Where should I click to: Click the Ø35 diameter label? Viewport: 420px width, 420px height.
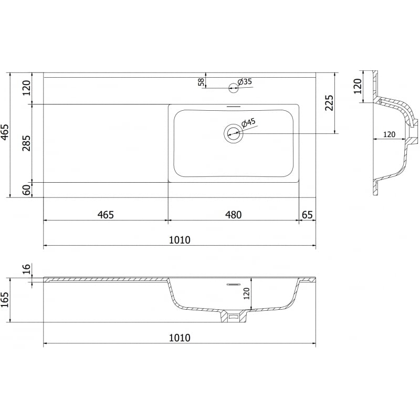245,81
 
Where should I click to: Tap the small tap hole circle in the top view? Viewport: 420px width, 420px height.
233,88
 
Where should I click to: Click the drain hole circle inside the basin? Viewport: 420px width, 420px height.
233,133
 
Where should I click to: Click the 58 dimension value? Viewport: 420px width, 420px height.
201,81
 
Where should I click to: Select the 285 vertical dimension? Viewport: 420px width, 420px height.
26,143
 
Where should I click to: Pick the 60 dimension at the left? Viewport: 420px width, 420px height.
26,190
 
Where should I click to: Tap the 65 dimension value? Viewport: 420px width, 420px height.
308,214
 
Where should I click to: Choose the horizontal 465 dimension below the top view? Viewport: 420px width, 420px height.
105,214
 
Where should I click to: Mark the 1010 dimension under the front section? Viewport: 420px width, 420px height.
179,338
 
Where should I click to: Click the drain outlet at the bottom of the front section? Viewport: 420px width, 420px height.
233,317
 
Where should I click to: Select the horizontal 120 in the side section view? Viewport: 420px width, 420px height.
388,134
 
